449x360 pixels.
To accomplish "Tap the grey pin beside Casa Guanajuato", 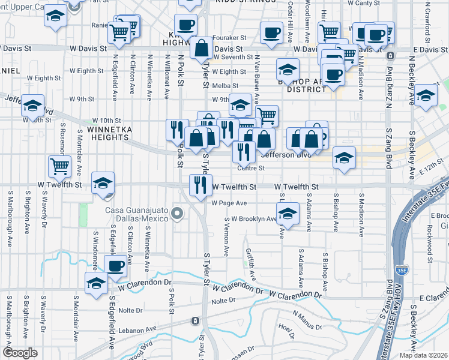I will [176, 214].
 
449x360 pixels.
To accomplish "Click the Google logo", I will [20, 353].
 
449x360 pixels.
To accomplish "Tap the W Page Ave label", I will [229, 203].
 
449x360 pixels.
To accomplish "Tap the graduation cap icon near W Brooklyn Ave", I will [288, 214].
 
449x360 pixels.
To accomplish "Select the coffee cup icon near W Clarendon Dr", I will [116, 265].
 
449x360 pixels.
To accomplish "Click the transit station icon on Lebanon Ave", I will [195, 320].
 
